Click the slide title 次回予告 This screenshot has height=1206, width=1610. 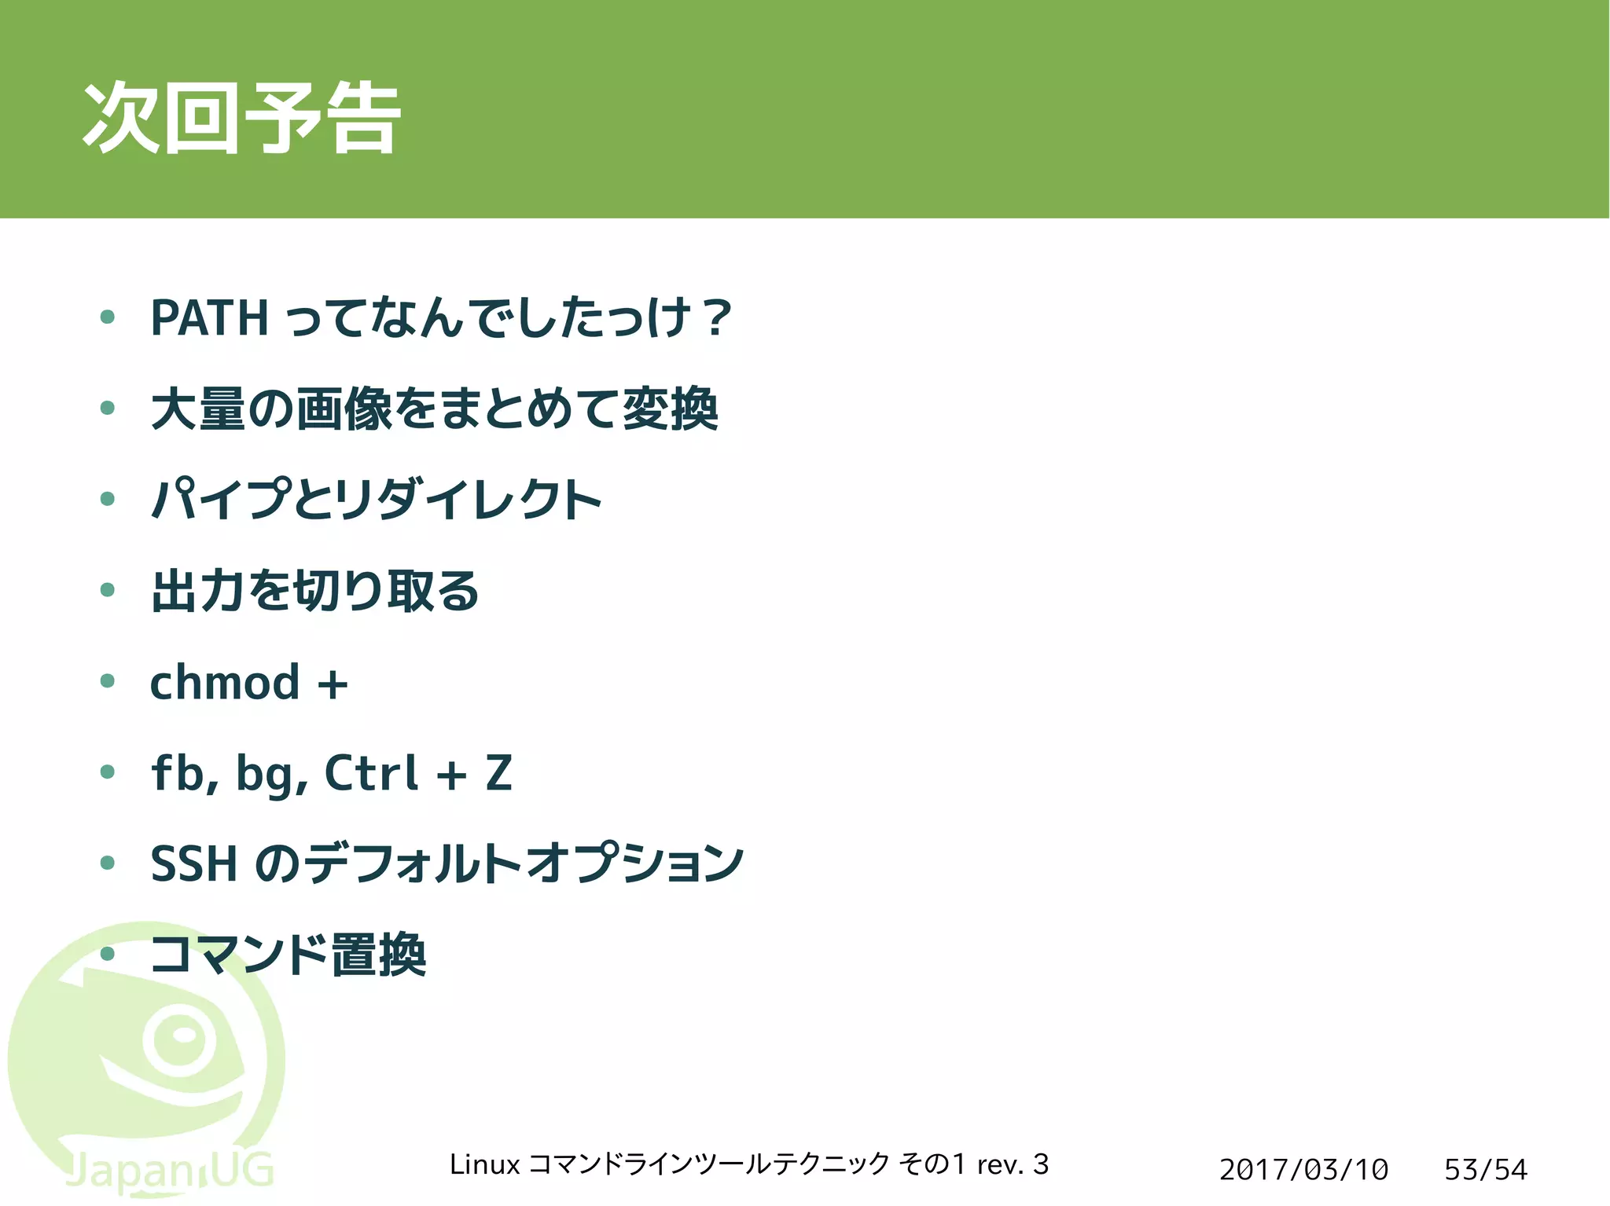pyautogui.click(x=241, y=118)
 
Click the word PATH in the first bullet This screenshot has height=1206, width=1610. pyautogui.click(x=209, y=318)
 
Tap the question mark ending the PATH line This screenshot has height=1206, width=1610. pyautogui.click(x=716, y=318)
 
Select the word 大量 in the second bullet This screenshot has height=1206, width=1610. pyautogui.click(x=198, y=409)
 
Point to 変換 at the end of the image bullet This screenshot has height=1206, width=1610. pyautogui.click(x=670, y=409)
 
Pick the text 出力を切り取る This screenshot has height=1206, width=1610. pyautogui.click(x=314, y=591)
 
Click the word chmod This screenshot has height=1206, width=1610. pyautogui.click(x=225, y=682)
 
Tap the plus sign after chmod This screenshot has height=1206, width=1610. pyautogui.click(x=333, y=684)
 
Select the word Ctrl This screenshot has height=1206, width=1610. pyautogui.click(x=371, y=773)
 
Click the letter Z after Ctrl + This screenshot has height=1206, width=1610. pyautogui.click(x=499, y=773)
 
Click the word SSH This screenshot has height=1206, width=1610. pyautogui.click(x=193, y=864)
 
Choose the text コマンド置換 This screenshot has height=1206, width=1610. pyautogui.click(x=288, y=955)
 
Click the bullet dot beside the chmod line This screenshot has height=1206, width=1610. pyautogui.click(x=108, y=681)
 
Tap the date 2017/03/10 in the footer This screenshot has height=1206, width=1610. pyautogui.click(x=1303, y=1170)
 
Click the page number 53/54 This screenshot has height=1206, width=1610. pyautogui.click(x=1485, y=1170)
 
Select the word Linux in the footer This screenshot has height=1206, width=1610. pyautogui.click(x=484, y=1164)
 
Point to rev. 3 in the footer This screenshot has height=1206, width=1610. pyautogui.click(x=1013, y=1164)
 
